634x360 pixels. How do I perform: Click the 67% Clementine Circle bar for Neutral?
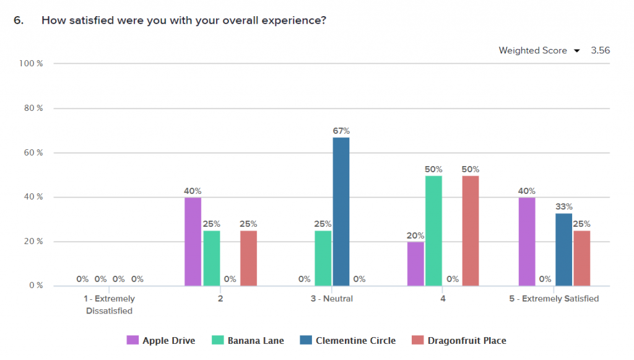pyautogui.click(x=341, y=211)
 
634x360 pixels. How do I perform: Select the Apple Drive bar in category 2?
pyautogui.click(x=193, y=242)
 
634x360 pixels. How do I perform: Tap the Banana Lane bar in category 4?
pyautogui.click(x=433, y=230)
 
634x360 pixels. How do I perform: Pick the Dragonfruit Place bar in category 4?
pyautogui.click(x=471, y=230)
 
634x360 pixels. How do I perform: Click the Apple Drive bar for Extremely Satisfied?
pyautogui.click(x=527, y=242)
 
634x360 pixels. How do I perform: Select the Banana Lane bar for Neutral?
pyautogui.click(x=323, y=258)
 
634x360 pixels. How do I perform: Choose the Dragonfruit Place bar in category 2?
pyautogui.click(x=248, y=258)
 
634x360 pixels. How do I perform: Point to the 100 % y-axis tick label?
pyautogui.click(x=31, y=63)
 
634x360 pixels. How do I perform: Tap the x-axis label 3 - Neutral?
pyautogui.click(x=332, y=299)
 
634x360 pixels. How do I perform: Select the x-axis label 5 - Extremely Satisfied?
pyautogui.click(x=554, y=299)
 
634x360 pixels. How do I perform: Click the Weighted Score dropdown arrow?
pyautogui.click(x=576, y=51)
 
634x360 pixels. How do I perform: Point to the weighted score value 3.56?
pyautogui.click(x=600, y=51)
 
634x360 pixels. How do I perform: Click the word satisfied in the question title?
pyautogui.click(x=84, y=20)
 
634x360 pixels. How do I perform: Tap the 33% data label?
pyautogui.click(x=563, y=206)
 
